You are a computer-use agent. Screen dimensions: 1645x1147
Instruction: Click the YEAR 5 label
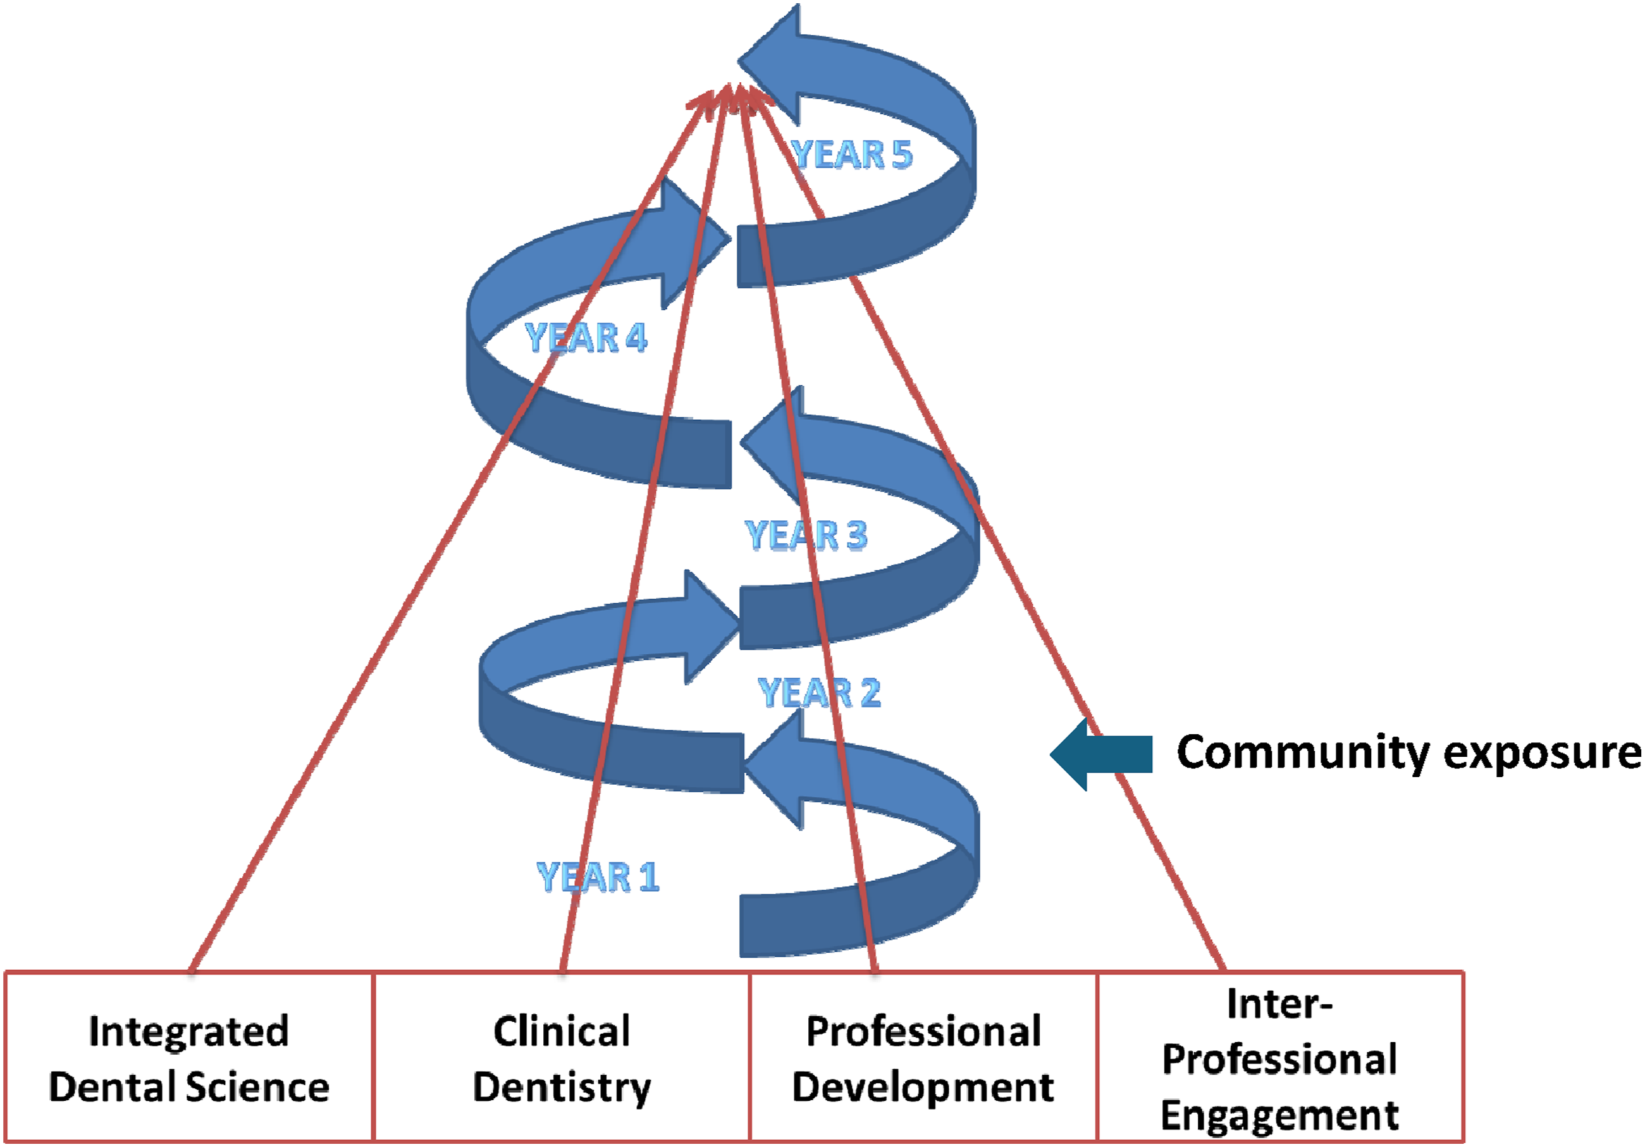(x=851, y=154)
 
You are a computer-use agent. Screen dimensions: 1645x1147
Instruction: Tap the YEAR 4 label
(x=586, y=338)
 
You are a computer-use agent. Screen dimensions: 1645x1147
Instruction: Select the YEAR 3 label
(x=806, y=535)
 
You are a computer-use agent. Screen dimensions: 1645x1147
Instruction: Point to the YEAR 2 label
(x=819, y=693)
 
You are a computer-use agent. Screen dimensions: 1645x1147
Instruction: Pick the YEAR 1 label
(x=598, y=877)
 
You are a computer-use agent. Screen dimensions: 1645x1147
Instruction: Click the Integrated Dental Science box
(x=189, y=1057)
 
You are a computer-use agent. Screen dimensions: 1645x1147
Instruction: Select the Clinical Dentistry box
(x=562, y=1057)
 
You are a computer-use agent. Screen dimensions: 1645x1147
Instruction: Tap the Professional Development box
(x=923, y=1057)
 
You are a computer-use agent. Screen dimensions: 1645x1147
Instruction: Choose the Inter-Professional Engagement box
(x=1280, y=1057)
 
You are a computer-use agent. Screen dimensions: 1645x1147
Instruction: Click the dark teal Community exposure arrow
(x=1101, y=754)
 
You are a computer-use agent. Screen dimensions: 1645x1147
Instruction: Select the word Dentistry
(x=562, y=1088)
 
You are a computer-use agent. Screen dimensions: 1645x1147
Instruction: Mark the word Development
(x=923, y=1088)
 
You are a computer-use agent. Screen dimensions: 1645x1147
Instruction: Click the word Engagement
(x=1279, y=1116)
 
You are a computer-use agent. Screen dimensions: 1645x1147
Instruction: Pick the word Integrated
(x=189, y=1033)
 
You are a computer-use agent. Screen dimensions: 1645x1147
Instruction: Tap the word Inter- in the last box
(x=1279, y=1003)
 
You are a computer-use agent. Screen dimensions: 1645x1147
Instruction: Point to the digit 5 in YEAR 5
(x=901, y=154)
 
